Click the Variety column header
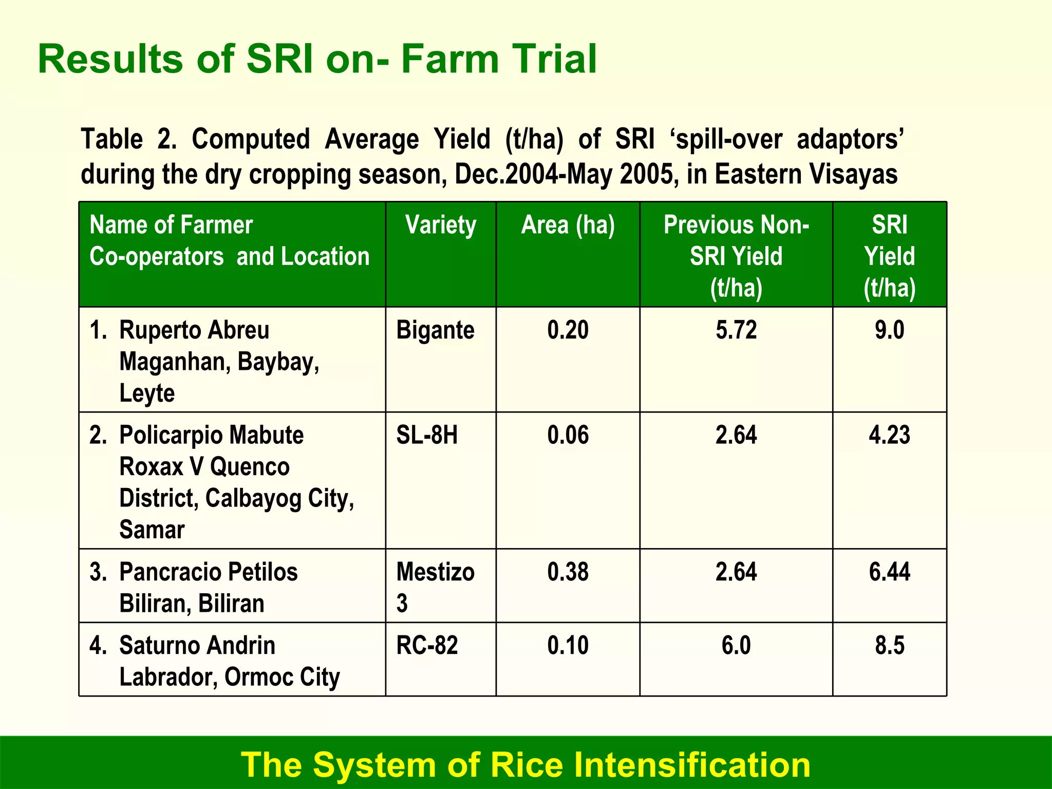pos(441,226)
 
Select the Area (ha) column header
pos(568,226)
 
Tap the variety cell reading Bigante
pos(435,330)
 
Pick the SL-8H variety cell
pos(427,436)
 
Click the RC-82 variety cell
pos(427,646)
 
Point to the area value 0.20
pos(568,330)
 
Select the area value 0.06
pos(568,436)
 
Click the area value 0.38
pos(568,572)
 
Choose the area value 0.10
pos(568,646)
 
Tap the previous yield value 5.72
pos(736,330)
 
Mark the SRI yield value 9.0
pos(889,330)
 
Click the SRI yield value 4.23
pos(889,436)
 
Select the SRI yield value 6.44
pos(889,572)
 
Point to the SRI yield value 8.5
pos(889,646)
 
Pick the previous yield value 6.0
pos(736,646)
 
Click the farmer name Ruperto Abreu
pos(194,330)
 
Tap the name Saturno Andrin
pos(197,646)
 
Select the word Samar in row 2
pos(152,530)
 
